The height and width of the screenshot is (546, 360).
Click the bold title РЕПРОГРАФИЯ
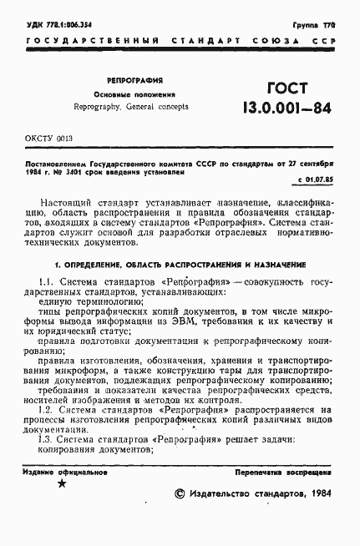(128, 82)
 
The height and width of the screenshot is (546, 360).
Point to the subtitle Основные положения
(128, 95)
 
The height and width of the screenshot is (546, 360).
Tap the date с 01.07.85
(314, 179)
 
